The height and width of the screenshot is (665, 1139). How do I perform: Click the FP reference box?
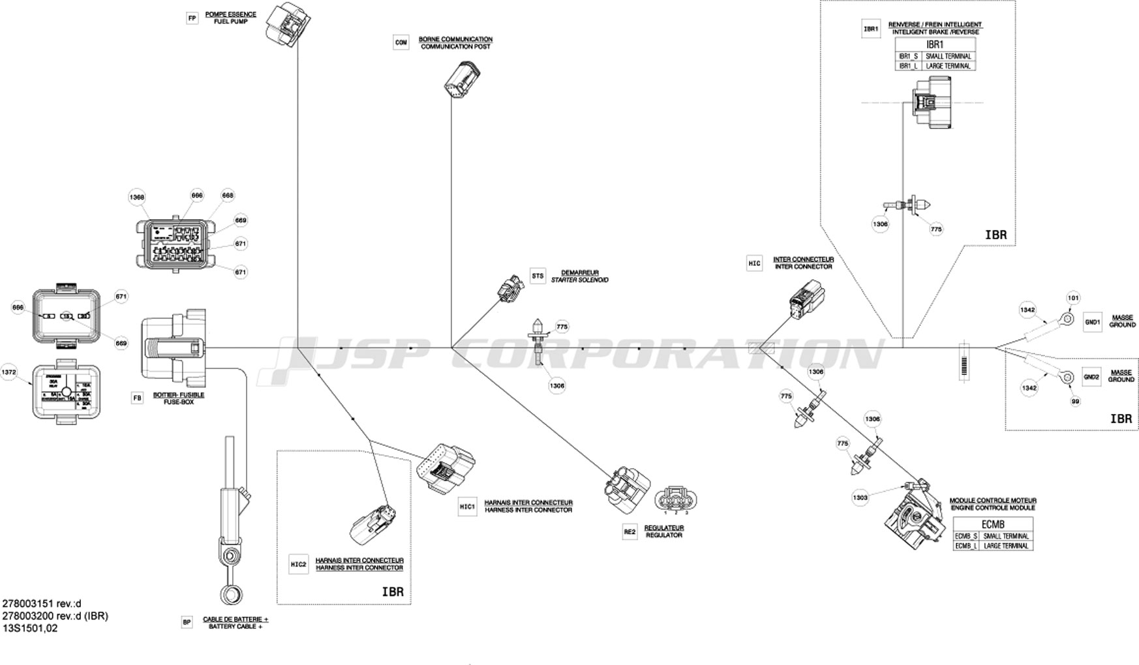[192, 18]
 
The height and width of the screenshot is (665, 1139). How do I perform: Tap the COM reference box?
[401, 43]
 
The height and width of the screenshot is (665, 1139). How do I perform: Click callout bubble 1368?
[136, 198]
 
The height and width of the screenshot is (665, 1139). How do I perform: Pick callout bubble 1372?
[8, 372]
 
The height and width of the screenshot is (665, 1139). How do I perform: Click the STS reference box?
[537, 276]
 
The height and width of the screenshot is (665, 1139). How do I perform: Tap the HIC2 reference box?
[298, 565]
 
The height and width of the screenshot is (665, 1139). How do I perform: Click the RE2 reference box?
[630, 532]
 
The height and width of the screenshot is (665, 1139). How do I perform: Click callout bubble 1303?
[860, 498]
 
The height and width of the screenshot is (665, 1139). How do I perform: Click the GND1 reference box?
[1092, 321]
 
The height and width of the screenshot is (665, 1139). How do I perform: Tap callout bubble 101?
[1073, 299]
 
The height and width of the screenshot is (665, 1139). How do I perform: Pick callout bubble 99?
[1075, 402]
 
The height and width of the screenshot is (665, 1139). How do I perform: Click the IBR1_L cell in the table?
[908, 66]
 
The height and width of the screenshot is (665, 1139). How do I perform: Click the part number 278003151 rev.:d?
[42, 604]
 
